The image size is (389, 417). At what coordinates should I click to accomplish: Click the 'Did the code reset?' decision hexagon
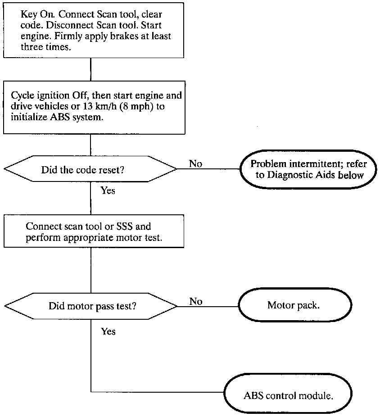coord(90,169)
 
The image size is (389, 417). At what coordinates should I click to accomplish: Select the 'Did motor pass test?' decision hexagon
coord(91,306)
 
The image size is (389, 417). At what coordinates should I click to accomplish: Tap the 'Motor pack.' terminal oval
coord(295,305)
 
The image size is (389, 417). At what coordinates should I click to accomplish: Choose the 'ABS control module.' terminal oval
coord(288,393)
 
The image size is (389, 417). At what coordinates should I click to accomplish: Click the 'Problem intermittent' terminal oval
coord(308,169)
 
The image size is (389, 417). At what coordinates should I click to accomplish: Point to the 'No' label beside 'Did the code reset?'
coord(195,163)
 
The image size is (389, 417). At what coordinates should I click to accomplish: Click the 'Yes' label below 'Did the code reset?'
coord(108,190)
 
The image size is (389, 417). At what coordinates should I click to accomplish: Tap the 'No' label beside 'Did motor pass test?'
coord(196,301)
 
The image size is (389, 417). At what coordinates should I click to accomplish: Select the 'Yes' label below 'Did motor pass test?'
coord(108,331)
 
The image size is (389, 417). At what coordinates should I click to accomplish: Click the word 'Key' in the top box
coord(28,14)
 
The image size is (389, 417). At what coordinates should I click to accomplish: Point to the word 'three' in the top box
coord(32,47)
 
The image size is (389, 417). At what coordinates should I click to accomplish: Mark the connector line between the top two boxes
coord(90,69)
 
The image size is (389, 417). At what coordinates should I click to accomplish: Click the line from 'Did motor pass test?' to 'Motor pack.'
coord(208,306)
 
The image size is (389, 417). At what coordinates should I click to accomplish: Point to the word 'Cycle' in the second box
coord(23,96)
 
